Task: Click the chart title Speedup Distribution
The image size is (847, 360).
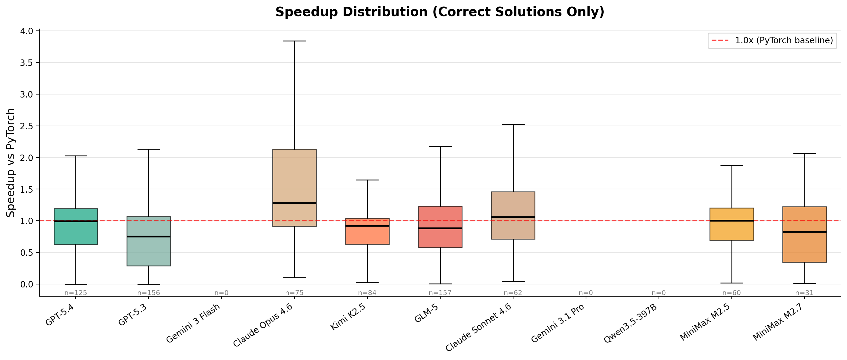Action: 440,12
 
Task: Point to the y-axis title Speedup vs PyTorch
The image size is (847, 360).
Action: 11,162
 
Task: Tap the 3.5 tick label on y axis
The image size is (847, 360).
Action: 27,63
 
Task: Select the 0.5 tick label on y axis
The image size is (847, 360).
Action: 27,252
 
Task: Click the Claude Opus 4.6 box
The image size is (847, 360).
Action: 294,177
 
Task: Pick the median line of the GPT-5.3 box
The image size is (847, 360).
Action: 148,236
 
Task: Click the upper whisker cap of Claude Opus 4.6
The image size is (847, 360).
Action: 294,41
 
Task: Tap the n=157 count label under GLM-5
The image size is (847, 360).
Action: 440,293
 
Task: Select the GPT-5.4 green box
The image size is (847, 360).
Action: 76,230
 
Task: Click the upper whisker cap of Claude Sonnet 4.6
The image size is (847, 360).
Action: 513,125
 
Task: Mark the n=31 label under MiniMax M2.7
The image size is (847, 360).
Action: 804,293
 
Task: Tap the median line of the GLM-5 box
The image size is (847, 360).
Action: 440,228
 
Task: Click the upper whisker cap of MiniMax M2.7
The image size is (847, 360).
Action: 805,154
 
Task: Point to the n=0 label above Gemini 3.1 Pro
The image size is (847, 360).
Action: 586,293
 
